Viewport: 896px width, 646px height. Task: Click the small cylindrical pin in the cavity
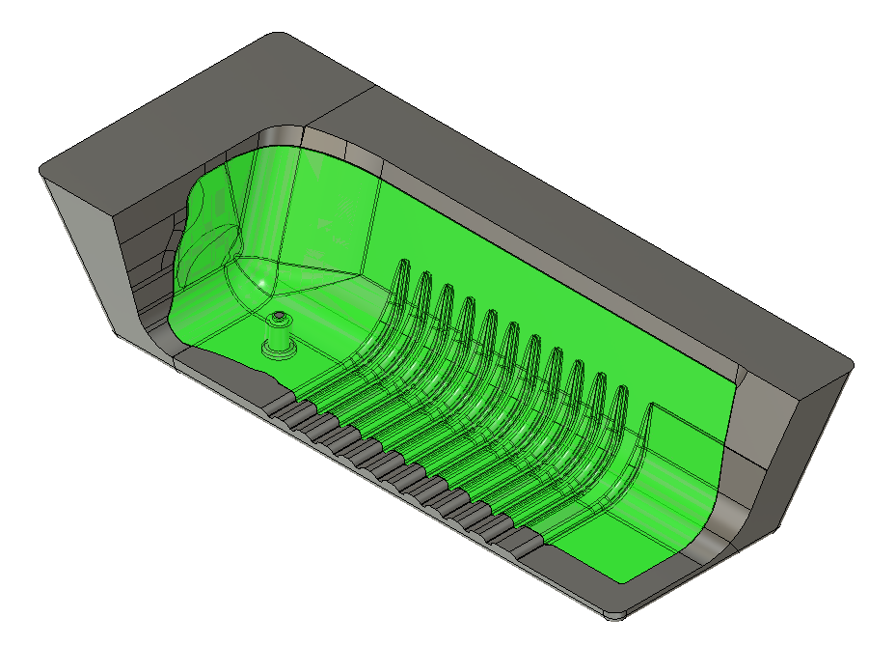tap(279, 333)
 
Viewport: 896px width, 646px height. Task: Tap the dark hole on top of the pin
tap(279, 316)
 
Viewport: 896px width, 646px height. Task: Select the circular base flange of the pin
tap(280, 351)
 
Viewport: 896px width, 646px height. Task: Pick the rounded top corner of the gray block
tap(283, 37)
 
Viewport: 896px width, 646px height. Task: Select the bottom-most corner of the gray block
tap(610, 613)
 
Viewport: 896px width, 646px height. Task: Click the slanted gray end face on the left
tap(92, 251)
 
